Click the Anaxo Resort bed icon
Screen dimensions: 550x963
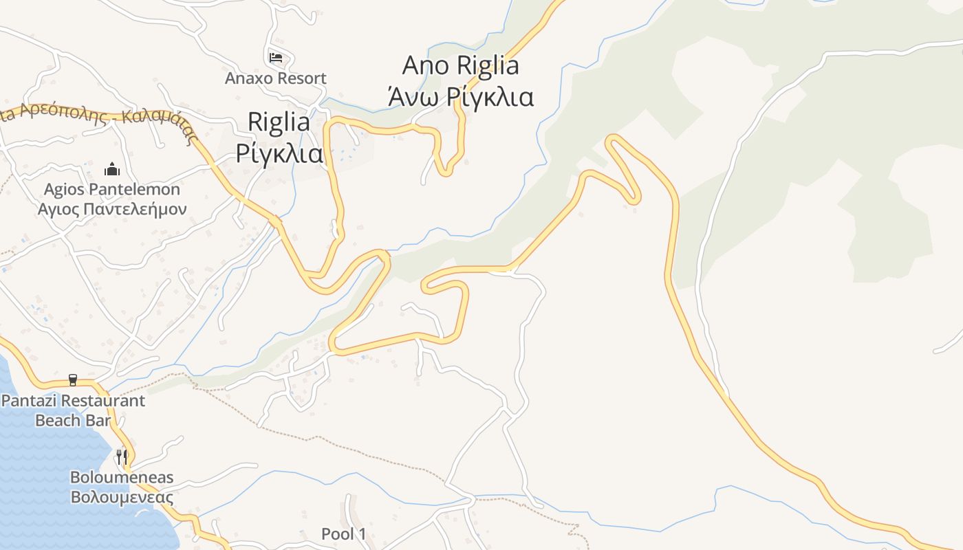pyautogui.click(x=276, y=57)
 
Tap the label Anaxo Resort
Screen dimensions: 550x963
pyautogui.click(x=275, y=78)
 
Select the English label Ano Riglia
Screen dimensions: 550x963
pyautogui.click(x=460, y=66)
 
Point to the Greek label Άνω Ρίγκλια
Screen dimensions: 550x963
pyautogui.click(x=460, y=97)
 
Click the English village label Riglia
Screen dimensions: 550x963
pyautogui.click(x=279, y=122)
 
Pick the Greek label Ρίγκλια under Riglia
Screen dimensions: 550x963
pyautogui.click(x=279, y=153)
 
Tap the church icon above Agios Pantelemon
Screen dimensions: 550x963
pyautogui.click(x=111, y=168)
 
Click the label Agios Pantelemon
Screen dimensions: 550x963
pyautogui.click(x=112, y=189)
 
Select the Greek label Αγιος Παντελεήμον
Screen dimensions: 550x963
pyautogui.click(x=112, y=208)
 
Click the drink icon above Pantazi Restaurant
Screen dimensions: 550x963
pyautogui.click(x=73, y=379)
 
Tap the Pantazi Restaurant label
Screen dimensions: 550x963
pyautogui.click(x=73, y=400)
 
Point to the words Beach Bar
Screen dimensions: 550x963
pyautogui.click(x=73, y=419)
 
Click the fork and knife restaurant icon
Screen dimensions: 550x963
pyautogui.click(x=122, y=456)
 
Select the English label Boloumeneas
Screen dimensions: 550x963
pyautogui.click(x=122, y=477)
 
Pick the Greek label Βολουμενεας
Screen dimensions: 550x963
pyautogui.click(x=122, y=496)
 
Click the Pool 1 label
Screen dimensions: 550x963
pyautogui.click(x=344, y=533)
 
